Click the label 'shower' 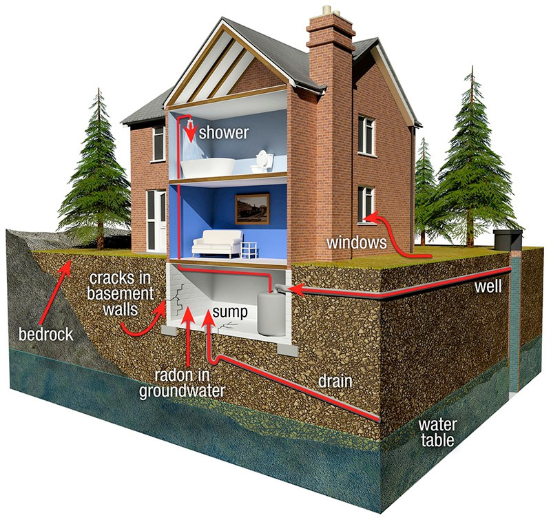[x=224, y=132]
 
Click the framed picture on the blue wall [x=252, y=208]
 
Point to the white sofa [x=217, y=244]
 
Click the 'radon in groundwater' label [x=183, y=383]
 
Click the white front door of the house [x=158, y=220]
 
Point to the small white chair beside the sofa [x=250, y=248]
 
